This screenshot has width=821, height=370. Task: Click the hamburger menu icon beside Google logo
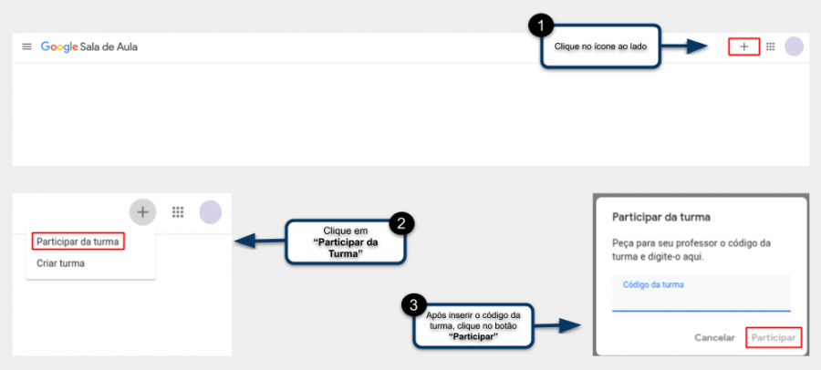(x=26, y=46)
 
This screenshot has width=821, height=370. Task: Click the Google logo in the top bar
(x=59, y=47)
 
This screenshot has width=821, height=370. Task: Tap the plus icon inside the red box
(x=744, y=46)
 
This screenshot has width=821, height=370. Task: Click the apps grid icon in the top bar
(x=770, y=46)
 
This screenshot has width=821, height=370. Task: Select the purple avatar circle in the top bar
(x=794, y=46)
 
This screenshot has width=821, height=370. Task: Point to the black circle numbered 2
(x=401, y=223)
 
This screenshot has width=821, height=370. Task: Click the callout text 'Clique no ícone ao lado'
(x=600, y=46)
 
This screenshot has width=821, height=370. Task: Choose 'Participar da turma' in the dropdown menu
(x=78, y=242)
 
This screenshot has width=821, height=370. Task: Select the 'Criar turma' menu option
(x=60, y=263)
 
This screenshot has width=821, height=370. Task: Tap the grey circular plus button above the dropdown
(x=142, y=212)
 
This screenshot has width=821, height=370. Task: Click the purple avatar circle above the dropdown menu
(x=211, y=212)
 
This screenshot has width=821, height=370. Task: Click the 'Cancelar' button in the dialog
(x=714, y=337)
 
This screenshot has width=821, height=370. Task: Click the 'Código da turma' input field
(x=701, y=293)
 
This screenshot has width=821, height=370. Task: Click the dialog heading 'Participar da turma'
(x=660, y=217)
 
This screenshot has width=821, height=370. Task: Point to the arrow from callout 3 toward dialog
(x=557, y=326)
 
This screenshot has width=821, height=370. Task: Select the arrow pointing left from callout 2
(x=260, y=242)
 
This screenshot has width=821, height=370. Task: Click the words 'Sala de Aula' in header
(x=109, y=47)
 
